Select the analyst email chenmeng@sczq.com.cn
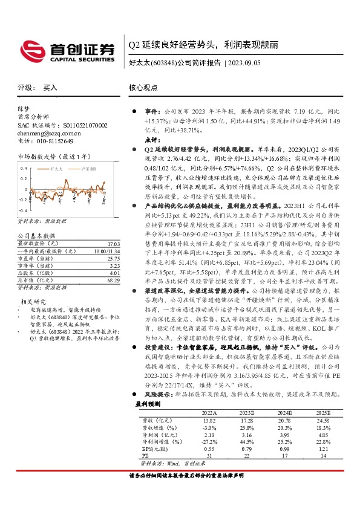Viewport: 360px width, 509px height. pyautogui.click(x=49, y=133)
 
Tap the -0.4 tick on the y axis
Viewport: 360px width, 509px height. pyautogui.click(x=23, y=199)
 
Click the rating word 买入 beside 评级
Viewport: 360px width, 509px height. pyautogui.click(x=50, y=88)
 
